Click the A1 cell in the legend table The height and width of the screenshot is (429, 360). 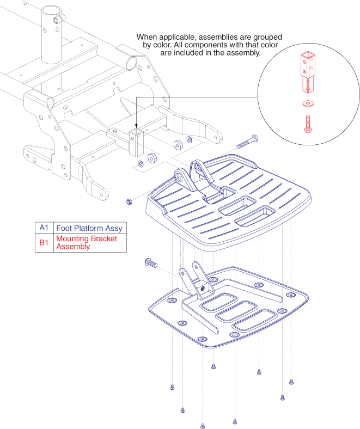coord(44,228)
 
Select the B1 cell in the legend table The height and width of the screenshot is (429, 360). coord(44,243)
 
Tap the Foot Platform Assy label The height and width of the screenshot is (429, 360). coord(89,228)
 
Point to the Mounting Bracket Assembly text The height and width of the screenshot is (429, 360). coord(86,243)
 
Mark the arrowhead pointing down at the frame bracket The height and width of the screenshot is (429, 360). coord(135,126)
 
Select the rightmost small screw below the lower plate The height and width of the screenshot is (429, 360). coord(291,382)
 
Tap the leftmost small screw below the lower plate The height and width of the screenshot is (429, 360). coord(172,386)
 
